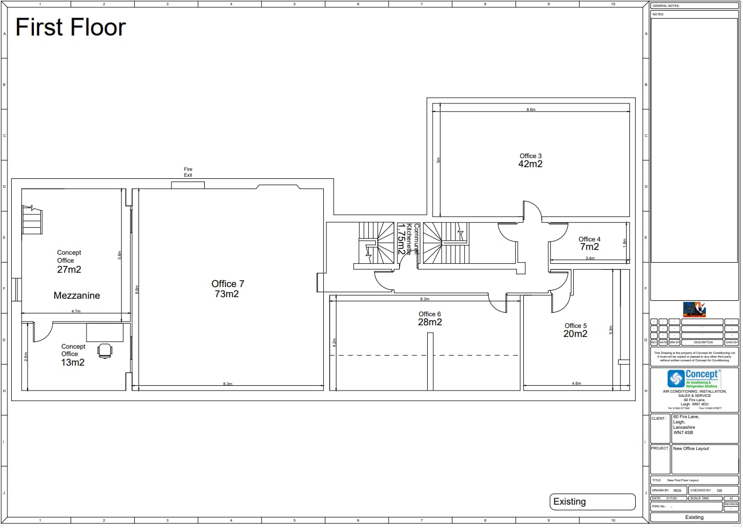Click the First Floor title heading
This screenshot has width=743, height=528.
pos(71,28)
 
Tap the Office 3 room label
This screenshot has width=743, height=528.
pos(530,156)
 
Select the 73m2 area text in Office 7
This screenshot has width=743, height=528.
pos(227,294)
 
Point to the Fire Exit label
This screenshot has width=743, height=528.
pos(188,172)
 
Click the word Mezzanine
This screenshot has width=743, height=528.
pos(76,296)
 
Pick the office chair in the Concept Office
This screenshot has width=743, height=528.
pos(105,351)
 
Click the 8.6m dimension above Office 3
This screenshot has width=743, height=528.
pos(531,110)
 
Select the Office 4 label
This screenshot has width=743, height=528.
pos(589,239)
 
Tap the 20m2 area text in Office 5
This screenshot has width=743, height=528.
pos(575,334)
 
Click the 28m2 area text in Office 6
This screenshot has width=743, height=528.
pos(429,322)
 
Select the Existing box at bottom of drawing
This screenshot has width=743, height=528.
pos(592,501)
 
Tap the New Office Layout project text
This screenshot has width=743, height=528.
pos(690,448)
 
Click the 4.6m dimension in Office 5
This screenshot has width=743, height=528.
pos(576,383)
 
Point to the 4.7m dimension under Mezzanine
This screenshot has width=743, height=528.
pos(76,311)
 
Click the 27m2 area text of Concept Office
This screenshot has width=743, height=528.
pos(69,270)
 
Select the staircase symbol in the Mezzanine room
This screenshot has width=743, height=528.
pos(32,220)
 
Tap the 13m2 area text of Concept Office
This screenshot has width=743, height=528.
pos(73,362)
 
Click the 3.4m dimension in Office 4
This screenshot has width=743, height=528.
pos(590,258)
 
